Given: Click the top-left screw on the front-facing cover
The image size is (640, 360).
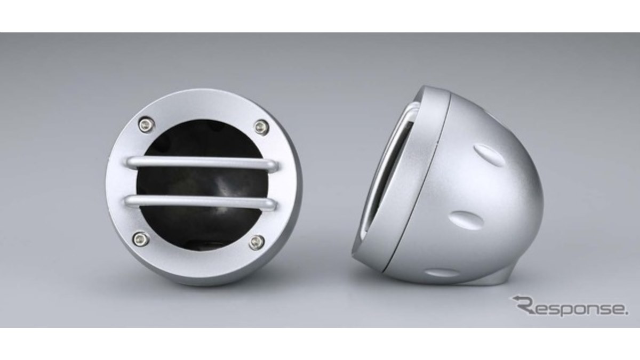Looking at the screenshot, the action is click(x=147, y=124).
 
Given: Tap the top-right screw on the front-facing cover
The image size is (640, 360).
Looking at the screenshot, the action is click(x=261, y=127).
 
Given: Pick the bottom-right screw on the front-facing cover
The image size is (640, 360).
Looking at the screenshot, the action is click(x=257, y=242).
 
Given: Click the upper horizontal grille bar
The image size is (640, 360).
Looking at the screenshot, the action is click(x=202, y=163).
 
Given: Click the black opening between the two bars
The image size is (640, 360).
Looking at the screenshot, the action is click(x=200, y=183).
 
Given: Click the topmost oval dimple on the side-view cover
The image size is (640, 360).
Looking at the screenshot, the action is click(x=490, y=156).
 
